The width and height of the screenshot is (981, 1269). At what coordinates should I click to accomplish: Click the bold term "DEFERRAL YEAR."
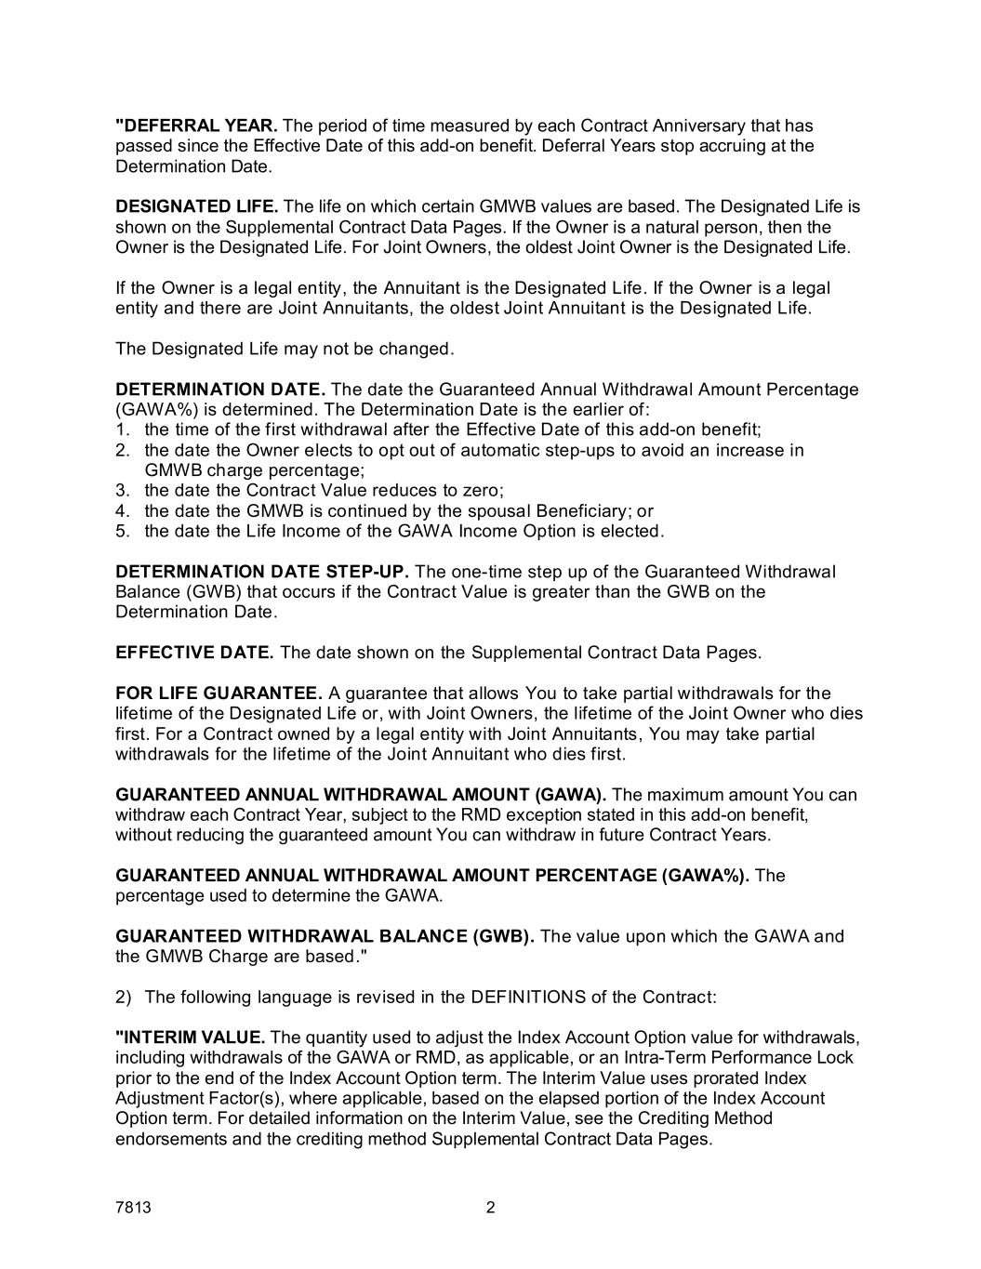pos(196,126)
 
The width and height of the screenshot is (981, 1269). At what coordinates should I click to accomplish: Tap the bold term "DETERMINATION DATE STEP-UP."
pos(262,571)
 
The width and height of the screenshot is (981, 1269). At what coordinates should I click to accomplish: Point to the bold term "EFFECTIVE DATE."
pos(194,653)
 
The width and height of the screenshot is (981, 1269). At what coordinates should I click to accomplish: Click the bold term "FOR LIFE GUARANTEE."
pos(219,694)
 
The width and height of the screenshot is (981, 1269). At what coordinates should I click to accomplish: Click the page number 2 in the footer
pos(491,1208)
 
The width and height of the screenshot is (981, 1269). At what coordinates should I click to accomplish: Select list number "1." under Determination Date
pos(122,430)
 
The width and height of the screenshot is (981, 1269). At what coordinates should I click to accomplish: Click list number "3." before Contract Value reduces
pos(122,491)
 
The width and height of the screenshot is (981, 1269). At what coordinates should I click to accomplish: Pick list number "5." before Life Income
pos(122,532)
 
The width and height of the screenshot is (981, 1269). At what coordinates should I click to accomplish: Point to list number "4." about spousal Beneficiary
pos(122,511)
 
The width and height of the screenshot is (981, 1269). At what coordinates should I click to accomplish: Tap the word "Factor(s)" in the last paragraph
pos(232,1099)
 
